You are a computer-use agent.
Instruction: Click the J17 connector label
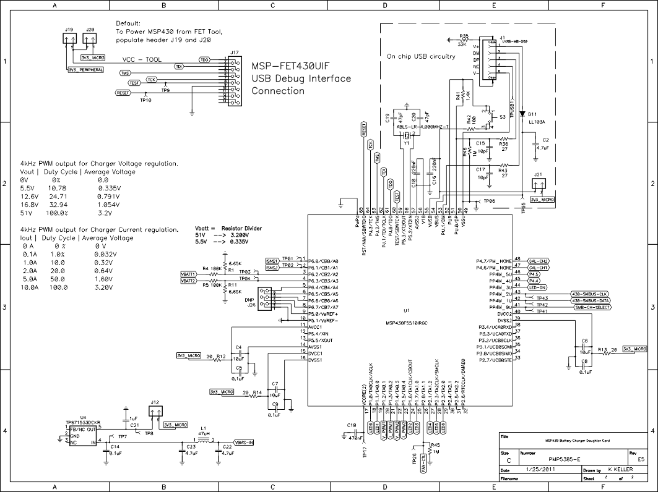coord(234,53)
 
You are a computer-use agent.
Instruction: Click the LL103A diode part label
coord(536,122)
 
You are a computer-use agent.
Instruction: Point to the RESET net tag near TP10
coord(123,93)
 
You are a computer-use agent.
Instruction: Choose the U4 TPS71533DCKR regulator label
coord(87,423)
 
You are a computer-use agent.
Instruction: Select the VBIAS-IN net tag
coord(245,443)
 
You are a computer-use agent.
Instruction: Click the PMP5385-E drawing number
coord(564,460)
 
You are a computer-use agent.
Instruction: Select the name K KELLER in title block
coord(620,470)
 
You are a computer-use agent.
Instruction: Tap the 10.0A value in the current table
coord(31,287)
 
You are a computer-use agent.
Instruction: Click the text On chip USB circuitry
coord(421,56)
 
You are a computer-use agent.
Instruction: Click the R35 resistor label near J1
coord(464,36)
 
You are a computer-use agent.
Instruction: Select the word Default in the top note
coord(128,23)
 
